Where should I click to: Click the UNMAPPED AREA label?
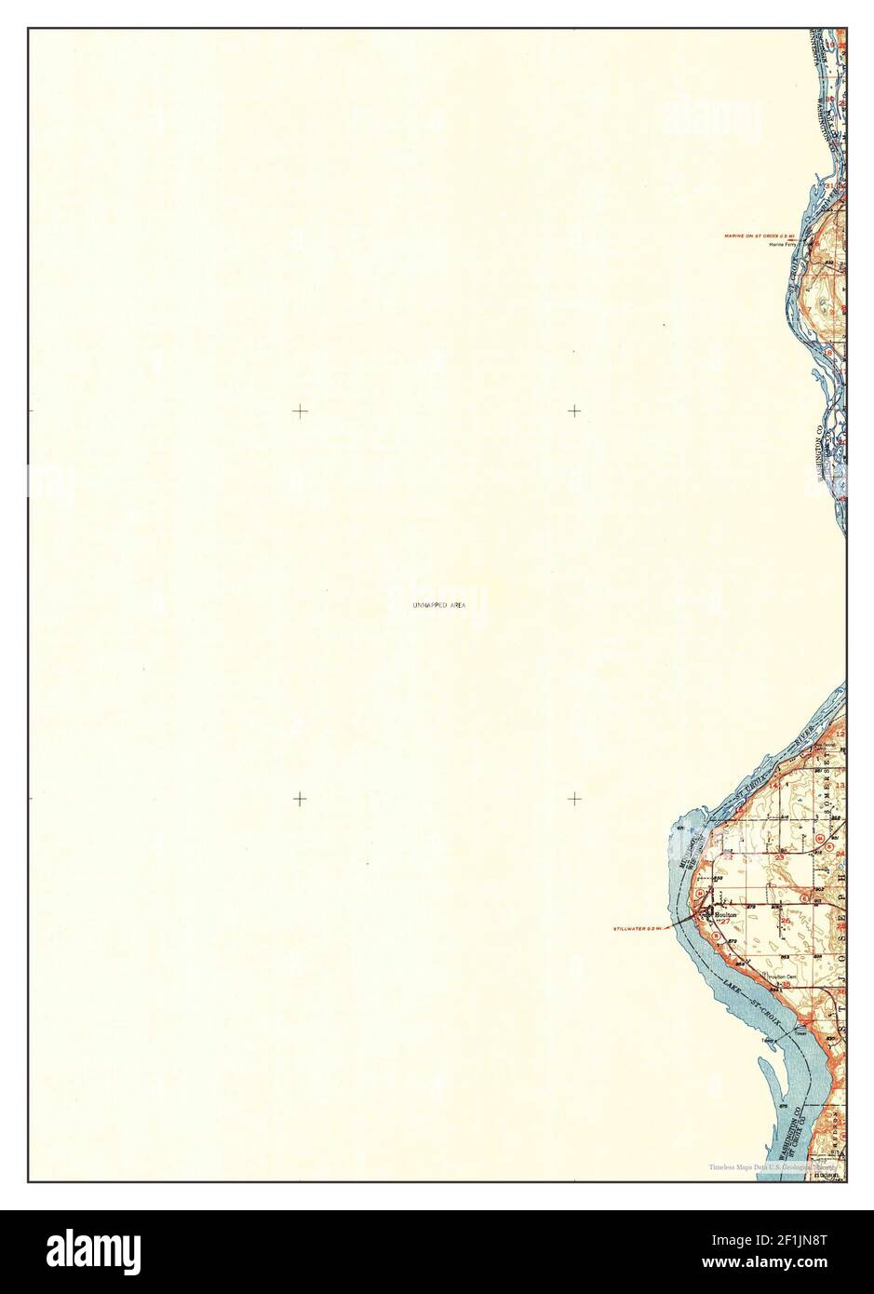pos(438,605)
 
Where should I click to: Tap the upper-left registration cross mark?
pos(300,411)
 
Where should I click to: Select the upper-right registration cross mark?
pos(575,411)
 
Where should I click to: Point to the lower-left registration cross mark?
pos(300,798)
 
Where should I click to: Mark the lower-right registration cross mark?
pos(575,798)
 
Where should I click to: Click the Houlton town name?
pos(726,915)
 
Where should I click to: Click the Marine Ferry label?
pos(784,245)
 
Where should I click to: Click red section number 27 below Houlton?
pos(722,923)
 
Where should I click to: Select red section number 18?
pos(827,352)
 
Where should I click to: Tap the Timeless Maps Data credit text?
pos(773,1167)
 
